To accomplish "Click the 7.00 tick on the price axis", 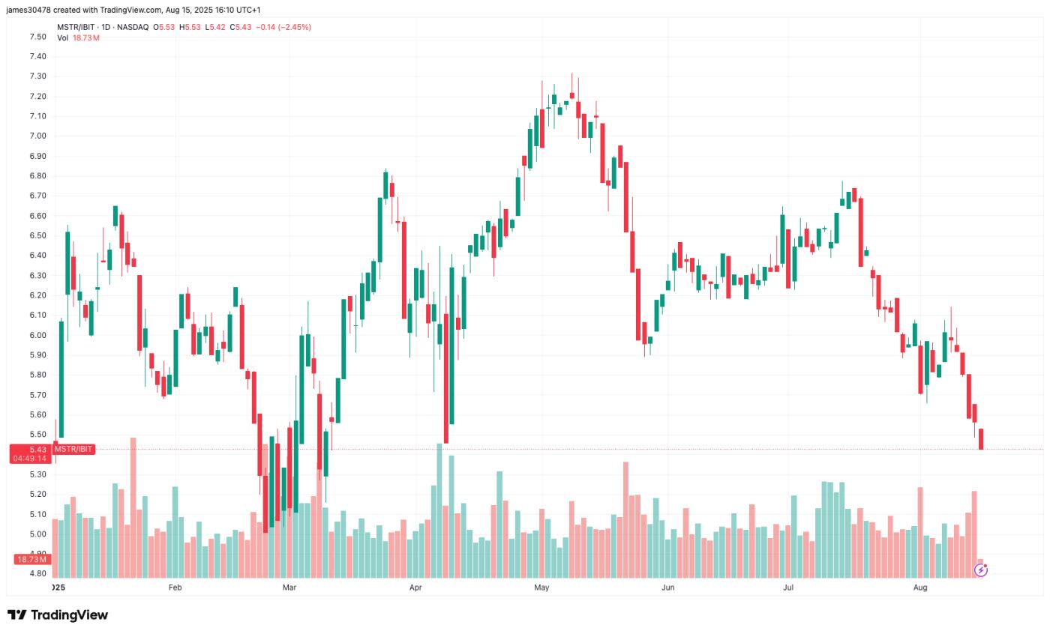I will pyautogui.click(x=37, y=136).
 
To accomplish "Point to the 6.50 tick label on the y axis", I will pyautogui.click(x=37, y=235).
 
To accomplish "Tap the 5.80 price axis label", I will pyautogui.click(x=37, y=375).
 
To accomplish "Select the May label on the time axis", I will pyautogui.click(x=541, y=588).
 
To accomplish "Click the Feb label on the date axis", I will pyautogui.click(x=175, y=588).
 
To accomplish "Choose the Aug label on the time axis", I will pyautogui.click(x=920, y=588).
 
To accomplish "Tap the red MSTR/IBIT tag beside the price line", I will pyautogui.click(x=73, y=449).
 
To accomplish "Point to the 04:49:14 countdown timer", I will pyautogui.click(x=30, y=458).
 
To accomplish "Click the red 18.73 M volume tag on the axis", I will pyautogui.click(x=31, y=559).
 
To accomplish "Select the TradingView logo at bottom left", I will pyautogui.click(x=58, y=615).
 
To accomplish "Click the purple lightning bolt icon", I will pyautogui.click(x=980, y=570).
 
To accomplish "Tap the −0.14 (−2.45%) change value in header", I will pyautogui.click(x=283, y=27).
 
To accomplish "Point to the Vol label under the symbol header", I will pyautogui.click(x=63, y=37).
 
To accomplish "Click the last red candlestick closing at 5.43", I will pyautogui.click(x=980, y=439).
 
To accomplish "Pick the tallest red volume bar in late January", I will pyautogui.click(x=133, y=507).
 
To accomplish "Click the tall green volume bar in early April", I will pyautogui.click(x=439, y=510).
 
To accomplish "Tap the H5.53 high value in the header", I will pyautogui.click(x=190, y=27).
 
